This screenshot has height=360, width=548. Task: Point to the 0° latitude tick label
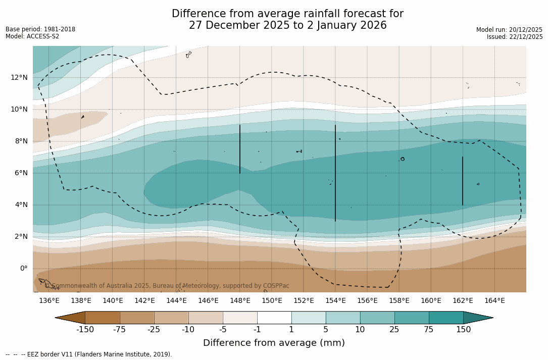click(23, 268)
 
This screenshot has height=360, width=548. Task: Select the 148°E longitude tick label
click(240, 300)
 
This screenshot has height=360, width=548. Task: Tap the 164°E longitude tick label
click(494, 300)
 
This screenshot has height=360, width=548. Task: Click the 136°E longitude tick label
click(49, 300)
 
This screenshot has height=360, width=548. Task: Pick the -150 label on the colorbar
click(85, 330)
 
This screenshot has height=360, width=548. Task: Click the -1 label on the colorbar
click(257, 330)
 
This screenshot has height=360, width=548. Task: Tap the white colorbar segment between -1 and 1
click(274, 318)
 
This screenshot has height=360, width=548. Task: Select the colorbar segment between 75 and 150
click(446, 318)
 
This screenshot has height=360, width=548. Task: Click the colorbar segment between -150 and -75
click(103, 318)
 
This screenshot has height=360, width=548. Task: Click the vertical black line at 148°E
click(240, 149)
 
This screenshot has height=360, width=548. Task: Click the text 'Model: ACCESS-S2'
click(32, 36)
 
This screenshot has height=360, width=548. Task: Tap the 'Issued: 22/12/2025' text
click(515, 37)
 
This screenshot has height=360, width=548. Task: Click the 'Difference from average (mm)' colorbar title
click(274, 343)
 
